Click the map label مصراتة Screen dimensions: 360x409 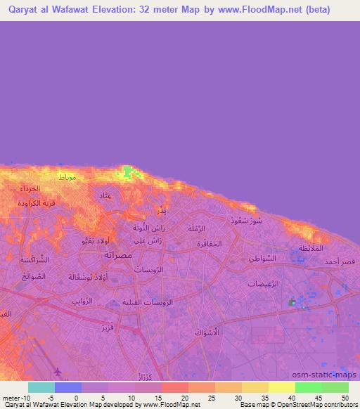118,254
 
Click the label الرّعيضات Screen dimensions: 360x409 264,283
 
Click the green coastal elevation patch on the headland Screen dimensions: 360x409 127,171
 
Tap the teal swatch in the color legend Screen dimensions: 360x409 41,387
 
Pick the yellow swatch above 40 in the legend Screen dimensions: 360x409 281,387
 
